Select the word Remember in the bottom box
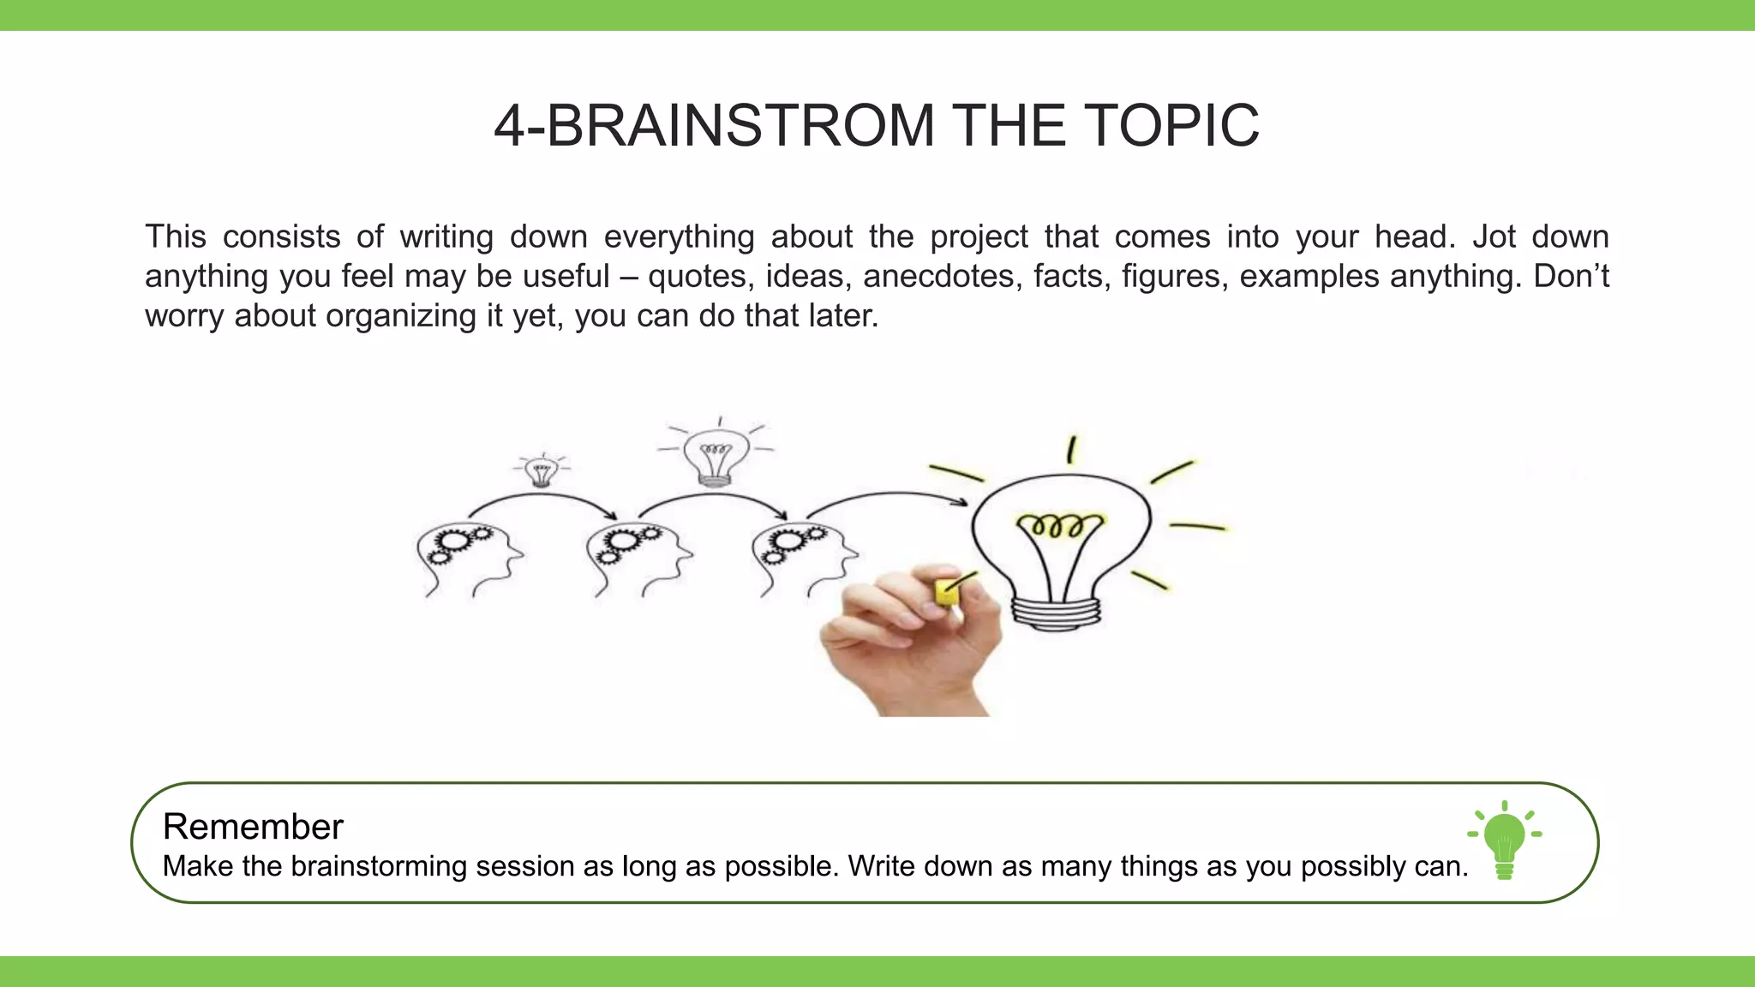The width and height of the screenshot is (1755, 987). click(253, 827)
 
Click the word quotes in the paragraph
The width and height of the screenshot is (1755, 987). click(697, 277)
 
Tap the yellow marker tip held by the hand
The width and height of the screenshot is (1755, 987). click(947, 591)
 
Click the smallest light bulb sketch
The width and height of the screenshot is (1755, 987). click(541, 471)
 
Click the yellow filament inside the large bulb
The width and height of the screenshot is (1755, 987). click(1059, 524)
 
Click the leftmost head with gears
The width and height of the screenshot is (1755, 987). click(467, 557)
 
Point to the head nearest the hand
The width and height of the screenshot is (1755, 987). click(802, 557)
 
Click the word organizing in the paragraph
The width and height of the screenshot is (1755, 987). click(400, 316)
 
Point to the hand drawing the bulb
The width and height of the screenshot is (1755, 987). click(908, 643)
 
